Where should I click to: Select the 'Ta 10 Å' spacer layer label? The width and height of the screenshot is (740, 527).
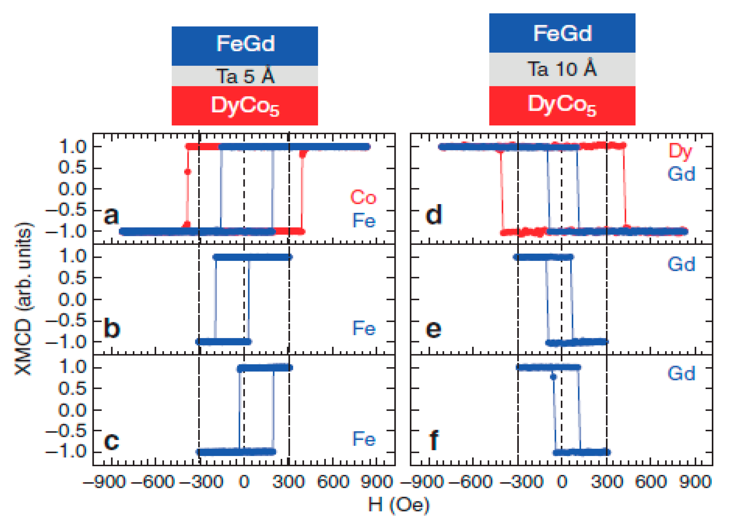[x=562, y=69]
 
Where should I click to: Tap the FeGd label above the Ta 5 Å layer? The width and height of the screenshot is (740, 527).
[x=245, y=44]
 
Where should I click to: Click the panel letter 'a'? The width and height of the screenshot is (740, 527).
[x=111, y=215]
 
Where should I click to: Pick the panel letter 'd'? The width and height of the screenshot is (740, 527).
[x=433, y=214]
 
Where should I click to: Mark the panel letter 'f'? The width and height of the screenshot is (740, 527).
[x=434, y=440]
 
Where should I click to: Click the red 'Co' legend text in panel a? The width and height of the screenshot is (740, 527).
[x=363, y=197]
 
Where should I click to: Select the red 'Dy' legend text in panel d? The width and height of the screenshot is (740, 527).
[x=680, y=151]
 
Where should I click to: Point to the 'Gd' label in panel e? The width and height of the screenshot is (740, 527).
[x=681, y=264]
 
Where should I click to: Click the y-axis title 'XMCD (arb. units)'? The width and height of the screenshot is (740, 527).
[x=24, y=298]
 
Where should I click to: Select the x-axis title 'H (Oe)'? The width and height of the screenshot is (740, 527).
[x=399, y=505]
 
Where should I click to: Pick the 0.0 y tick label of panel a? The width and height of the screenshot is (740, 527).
[x=72, y=189]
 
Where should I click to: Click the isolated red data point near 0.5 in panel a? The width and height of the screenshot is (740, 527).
[x=187, y=172]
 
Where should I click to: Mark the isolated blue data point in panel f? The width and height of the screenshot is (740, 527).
[x=553, y=377]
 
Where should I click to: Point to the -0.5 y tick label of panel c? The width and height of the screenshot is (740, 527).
[x=66, y=431]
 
